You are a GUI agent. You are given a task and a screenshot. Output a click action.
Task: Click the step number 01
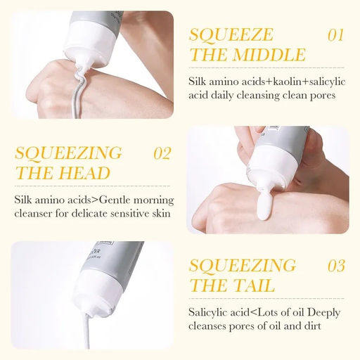[335, 35]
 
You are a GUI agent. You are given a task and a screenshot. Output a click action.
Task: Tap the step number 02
[162, 153]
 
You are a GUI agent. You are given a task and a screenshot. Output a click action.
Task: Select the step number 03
[336, 266]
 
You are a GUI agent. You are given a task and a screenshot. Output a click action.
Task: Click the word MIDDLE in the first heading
[269, 55]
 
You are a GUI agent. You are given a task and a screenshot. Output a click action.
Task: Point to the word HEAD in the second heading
[84, 173]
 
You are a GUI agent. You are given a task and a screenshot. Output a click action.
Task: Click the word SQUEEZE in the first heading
[231, 35]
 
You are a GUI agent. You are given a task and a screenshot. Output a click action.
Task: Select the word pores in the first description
[323, 96]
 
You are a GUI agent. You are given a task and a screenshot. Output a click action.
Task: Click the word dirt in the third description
[311, 326]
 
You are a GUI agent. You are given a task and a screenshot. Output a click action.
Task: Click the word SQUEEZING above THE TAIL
[243, 266]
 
